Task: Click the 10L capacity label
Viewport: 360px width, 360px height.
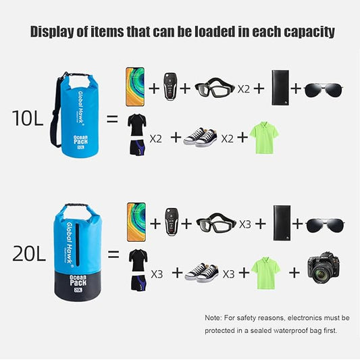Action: pos(28,119)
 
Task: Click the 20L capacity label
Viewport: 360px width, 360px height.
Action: pos(28,254)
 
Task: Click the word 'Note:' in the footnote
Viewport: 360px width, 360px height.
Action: pos(213,317)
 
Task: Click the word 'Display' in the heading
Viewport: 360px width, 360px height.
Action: pos(58,32)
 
